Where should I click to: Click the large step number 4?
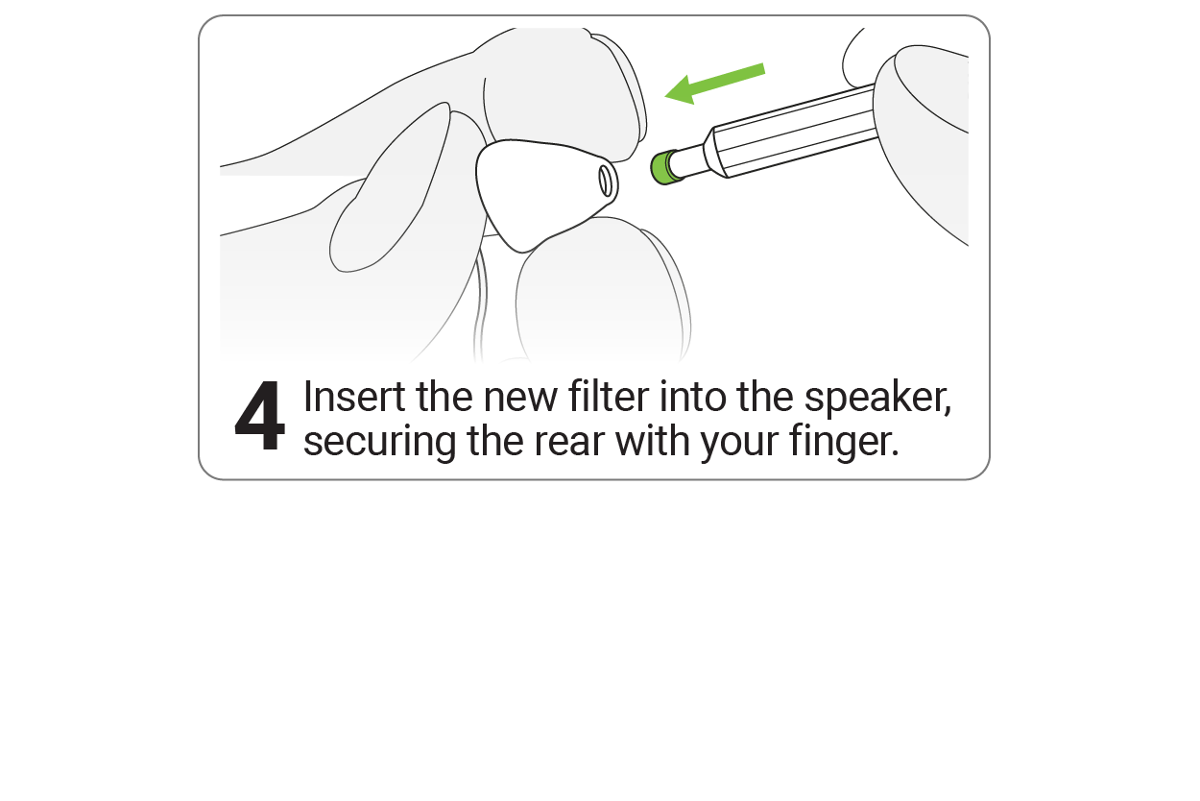260,416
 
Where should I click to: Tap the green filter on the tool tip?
664,168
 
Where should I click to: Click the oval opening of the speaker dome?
605,181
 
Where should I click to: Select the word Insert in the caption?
354,397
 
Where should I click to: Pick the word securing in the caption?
380,443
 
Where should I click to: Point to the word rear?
569,443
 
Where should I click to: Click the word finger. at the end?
843,442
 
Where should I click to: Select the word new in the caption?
520,399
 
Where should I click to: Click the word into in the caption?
692,397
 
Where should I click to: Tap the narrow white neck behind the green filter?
690,160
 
